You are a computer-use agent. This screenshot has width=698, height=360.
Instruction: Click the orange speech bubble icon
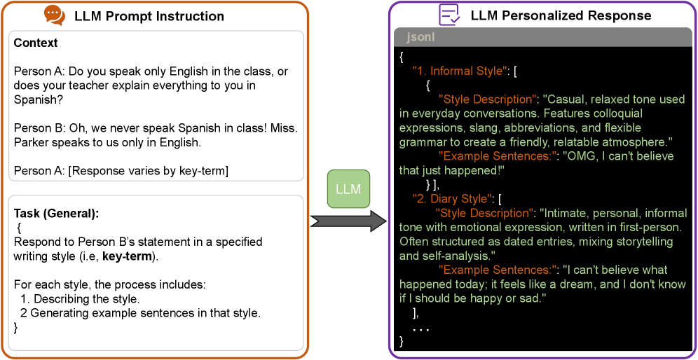[x=55, y=15]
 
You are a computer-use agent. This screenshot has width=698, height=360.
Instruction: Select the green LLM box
[x=348, y=189]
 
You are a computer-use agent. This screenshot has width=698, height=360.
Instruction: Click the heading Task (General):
[x=56, y=214]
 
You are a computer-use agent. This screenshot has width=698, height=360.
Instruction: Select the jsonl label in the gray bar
[x=420, y=37]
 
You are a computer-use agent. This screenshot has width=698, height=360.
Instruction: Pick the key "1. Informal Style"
[x=460, y=71]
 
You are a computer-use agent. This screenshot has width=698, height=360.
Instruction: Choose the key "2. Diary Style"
[x=451, y=198]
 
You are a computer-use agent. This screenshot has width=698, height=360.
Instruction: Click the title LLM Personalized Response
[x=561, y=15]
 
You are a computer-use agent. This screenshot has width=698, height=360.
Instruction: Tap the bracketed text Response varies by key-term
[x=148, y=172]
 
